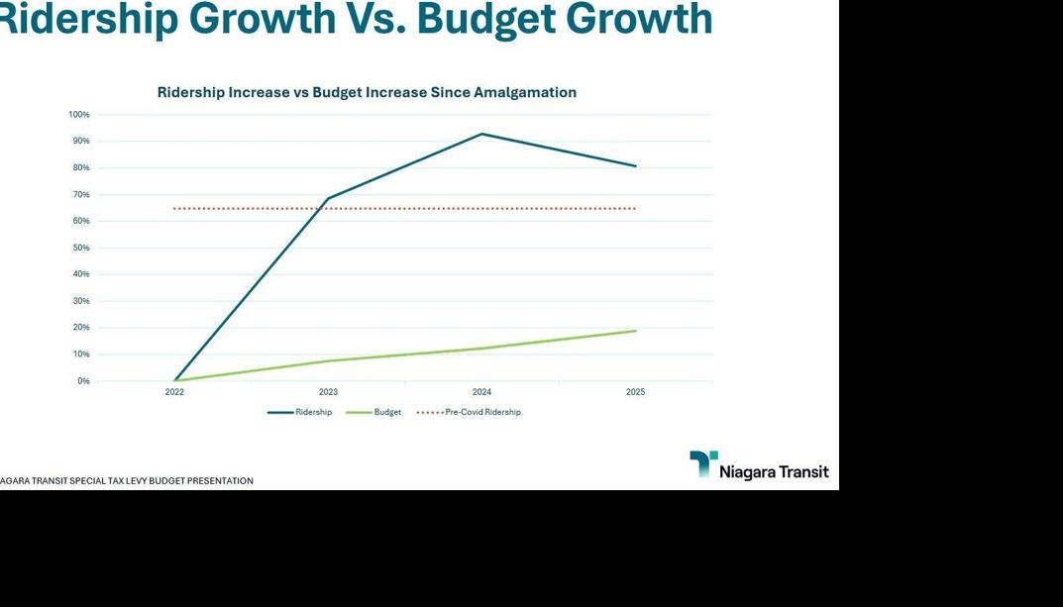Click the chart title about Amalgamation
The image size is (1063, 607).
coord(367,92)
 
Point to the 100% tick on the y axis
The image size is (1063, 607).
coord(79,115)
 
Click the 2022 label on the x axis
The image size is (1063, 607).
coord(174,392)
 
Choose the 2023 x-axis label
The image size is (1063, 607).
coord(328,392)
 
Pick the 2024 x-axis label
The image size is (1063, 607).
coord(481,392)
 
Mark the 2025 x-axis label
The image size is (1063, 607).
coord(635,392)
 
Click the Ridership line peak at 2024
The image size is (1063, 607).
coord(481,134)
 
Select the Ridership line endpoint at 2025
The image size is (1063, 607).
coord(635,165)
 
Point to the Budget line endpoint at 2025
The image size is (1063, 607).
coord(635,331)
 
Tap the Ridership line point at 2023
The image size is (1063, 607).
coord(328,198)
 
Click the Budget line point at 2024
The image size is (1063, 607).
coord(481,349)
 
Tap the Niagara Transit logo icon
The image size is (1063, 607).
coord(703,463)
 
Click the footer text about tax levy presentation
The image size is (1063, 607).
coord(126,481)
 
